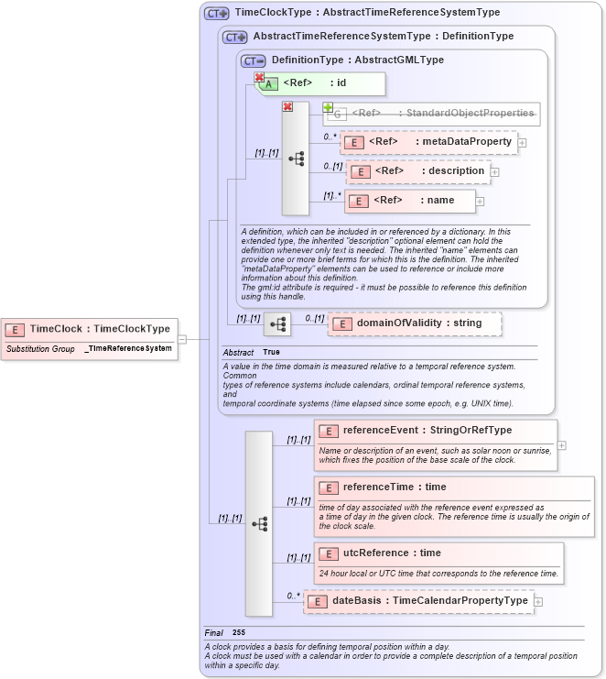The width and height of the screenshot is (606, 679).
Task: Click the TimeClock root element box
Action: tap(90, 329)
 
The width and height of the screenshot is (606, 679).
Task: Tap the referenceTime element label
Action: tap(395, 487)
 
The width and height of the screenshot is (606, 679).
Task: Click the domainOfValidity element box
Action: tap(415, 323)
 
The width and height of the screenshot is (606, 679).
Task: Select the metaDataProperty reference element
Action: tap(427, 142)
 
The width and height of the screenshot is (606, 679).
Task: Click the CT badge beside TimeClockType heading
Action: tap(216, 13)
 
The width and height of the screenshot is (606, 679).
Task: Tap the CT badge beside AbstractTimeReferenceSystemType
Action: tap(235, 37)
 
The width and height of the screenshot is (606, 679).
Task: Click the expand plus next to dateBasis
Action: tap(538, 601)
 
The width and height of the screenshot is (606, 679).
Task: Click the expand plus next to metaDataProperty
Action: tap(522, 142)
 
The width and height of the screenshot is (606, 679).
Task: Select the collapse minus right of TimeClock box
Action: tap(182, 339)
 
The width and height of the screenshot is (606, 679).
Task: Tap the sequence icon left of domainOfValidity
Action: tap(276, 323)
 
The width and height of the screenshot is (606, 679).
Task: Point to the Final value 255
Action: tap(239, 632)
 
